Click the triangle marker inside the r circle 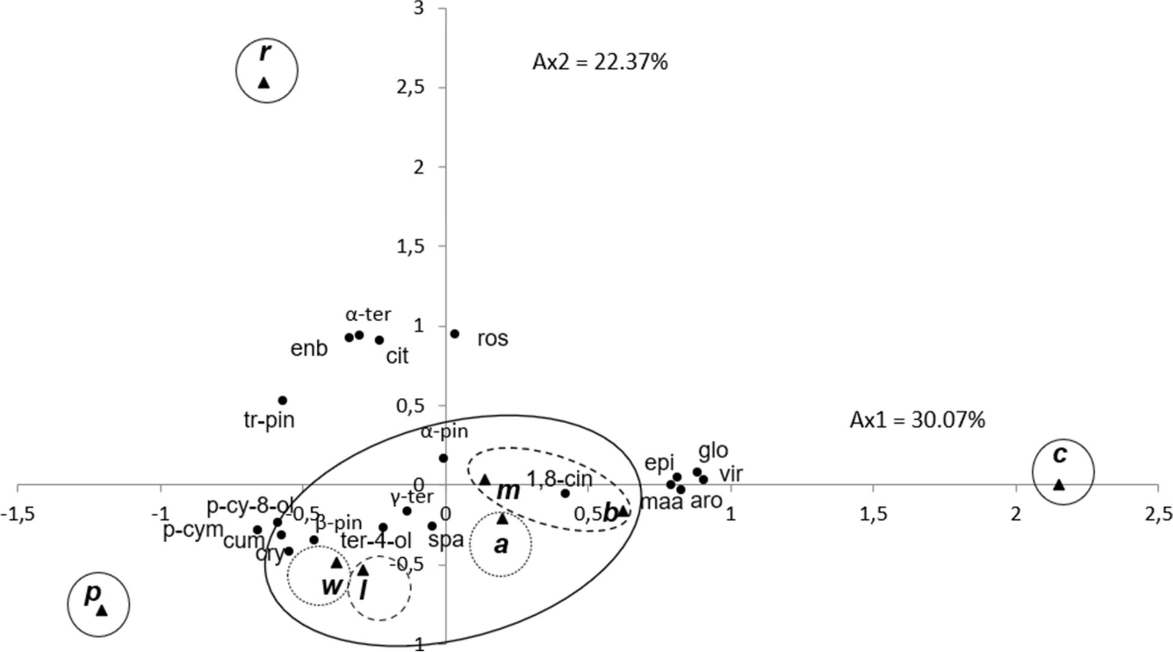[x=264, y=82]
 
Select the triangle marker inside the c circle [x=1059, y=484]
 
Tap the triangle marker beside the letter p [x=101, y=610]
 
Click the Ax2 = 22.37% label [x=600, y=62]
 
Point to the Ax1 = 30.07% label [x=917, y=420]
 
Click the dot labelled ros [x=455, y=334]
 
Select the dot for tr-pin [x=282, y=400]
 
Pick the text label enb [x=309, y=348]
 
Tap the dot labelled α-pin [x=443, y=458]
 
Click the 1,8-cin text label [x=559, y=479]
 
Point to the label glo [x=713, y=450]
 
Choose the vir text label [x=731, y=474]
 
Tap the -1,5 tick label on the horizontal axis [x=17, y=514]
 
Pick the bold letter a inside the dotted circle [x=501, y=545]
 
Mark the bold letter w [x=331, y=586]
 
